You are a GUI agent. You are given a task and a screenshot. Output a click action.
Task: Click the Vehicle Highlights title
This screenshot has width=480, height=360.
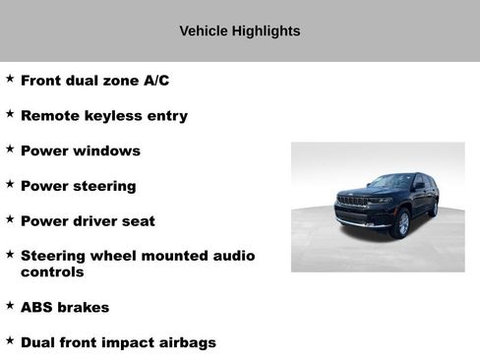239,30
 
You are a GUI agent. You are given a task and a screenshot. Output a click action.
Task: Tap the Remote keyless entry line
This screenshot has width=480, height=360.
103,116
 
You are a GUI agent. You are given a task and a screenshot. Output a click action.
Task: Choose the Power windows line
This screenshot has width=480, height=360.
80,151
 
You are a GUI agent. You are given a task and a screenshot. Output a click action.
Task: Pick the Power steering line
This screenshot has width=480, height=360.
78,186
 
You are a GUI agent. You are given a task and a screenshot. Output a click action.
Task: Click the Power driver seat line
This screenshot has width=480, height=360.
88,221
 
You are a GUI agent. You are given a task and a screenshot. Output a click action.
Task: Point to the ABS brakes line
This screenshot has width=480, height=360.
65,308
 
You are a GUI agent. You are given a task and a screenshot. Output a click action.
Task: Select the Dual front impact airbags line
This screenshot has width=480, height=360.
118,343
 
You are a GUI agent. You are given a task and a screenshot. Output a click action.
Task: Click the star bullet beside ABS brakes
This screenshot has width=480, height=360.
10,306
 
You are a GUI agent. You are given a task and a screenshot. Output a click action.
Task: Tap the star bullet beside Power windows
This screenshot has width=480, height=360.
10,150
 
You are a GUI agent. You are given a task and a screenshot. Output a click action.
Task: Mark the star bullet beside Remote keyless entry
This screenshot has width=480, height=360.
10,114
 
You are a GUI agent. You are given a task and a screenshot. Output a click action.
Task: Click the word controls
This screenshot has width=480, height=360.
52,272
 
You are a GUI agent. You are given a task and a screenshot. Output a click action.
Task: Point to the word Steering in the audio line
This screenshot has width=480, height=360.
53,256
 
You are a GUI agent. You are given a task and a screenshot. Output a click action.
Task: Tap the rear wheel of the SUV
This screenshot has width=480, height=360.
434,209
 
